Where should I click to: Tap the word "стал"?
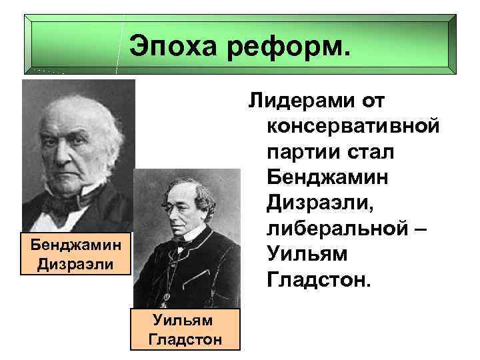(369, 153)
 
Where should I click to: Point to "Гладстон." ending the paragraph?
(317, 279)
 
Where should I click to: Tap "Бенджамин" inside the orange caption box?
(77, 244)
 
